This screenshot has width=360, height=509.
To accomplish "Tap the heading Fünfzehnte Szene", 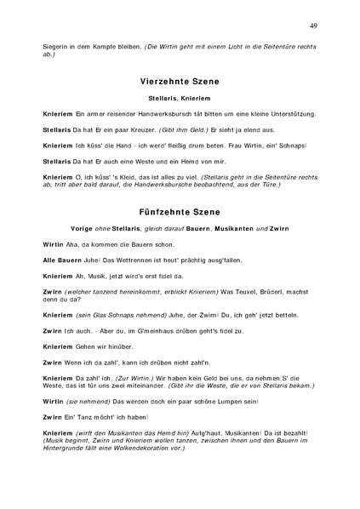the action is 179,211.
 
